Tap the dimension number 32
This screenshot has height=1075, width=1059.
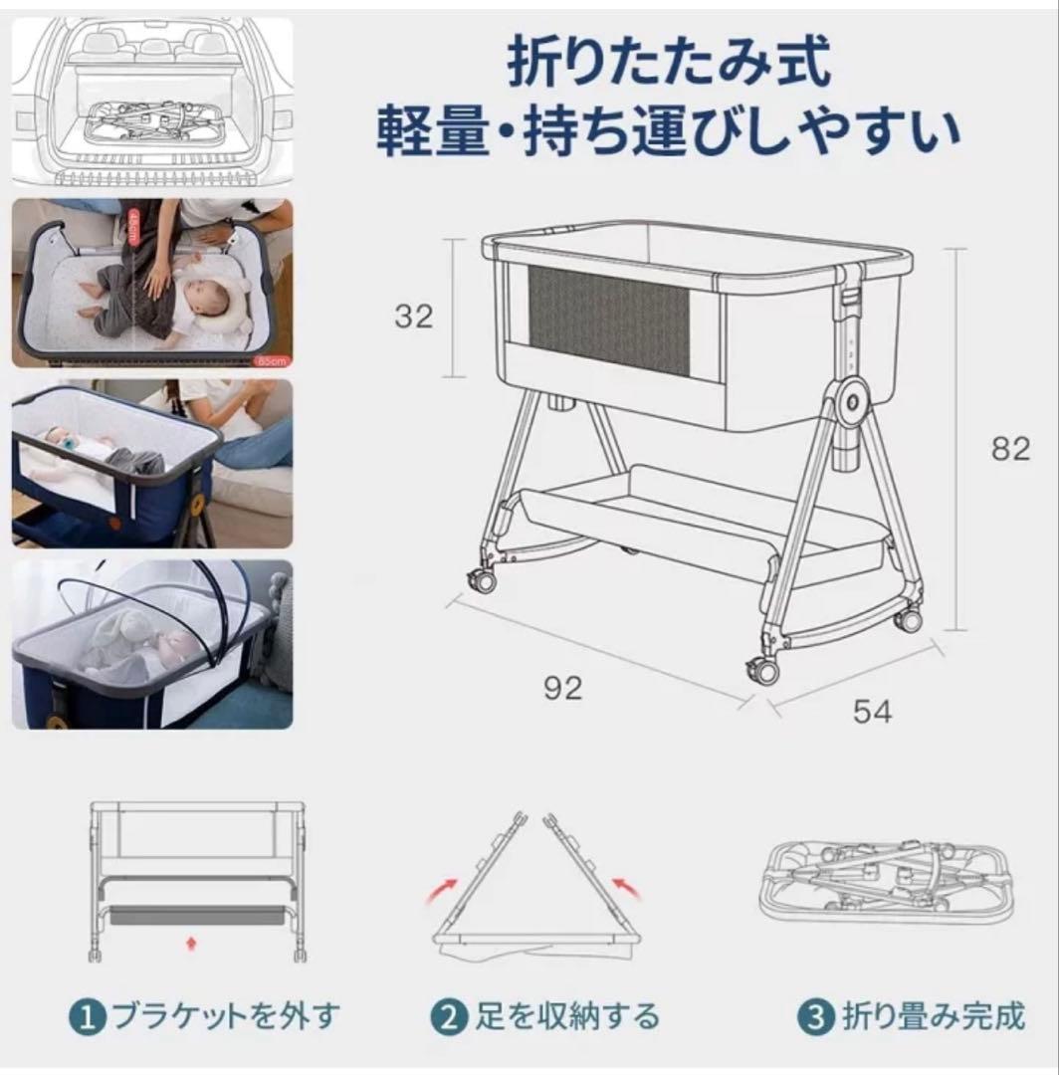[x=414, y=316]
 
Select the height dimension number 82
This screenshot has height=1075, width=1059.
[x=1010, y=449]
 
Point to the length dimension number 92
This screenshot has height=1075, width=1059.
[x=562, y=688]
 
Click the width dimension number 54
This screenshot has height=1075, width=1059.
[x=872, y=711]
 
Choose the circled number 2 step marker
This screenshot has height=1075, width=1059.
[x=449, y=1017]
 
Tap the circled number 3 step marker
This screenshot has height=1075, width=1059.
[x=816, y=1017]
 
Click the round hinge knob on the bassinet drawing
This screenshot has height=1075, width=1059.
[x=853, y=399]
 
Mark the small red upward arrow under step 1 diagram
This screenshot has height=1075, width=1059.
[x=190, y=939]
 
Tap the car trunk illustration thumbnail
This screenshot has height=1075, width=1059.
[x=152, y=100]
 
